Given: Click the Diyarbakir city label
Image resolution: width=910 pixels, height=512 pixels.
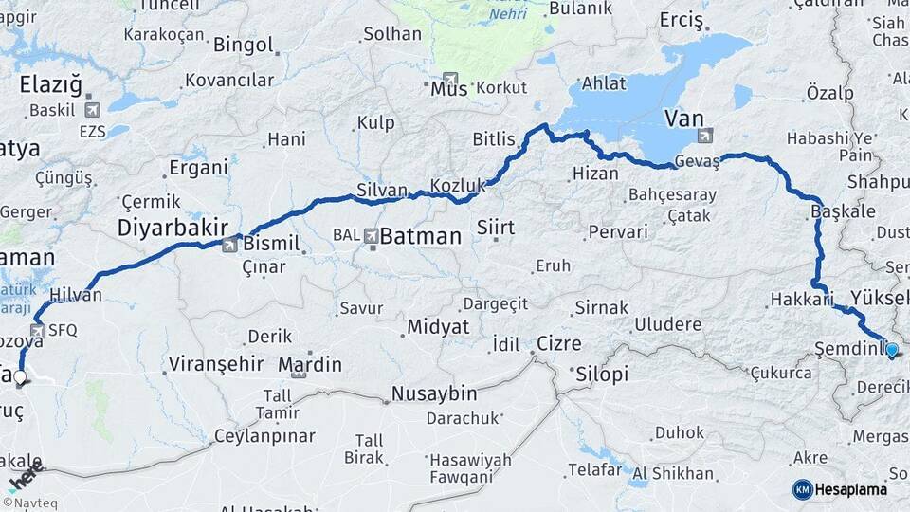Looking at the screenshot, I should (x=173, y=228).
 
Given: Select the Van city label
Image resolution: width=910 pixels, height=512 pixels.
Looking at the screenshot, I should (x=683, y=119).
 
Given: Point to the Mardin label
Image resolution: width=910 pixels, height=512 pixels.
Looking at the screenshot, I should (x=310, y=364).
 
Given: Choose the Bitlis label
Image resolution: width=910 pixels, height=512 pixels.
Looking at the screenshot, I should (x=494, y=139).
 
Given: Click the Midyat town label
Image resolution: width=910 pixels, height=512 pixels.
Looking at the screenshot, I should (x=438, y=326).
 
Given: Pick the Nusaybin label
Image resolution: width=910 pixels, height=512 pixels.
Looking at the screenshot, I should (x=434, y=393).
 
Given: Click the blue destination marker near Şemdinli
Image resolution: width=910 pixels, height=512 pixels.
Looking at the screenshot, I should (x=892, y=351).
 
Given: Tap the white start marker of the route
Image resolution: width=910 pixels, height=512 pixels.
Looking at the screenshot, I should (x=20, y=376).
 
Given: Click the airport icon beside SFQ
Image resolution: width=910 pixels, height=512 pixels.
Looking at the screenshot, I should (x=37, y=331).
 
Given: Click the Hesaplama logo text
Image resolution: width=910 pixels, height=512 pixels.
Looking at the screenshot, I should (x=851, y=489).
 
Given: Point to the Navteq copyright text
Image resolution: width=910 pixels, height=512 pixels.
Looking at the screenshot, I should (x=29, y=503).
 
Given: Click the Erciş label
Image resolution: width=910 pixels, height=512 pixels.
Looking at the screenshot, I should (x=682, y=20).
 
